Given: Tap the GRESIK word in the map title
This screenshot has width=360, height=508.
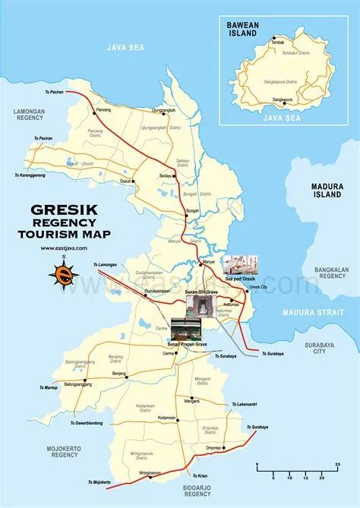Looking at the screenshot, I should coord(65,209).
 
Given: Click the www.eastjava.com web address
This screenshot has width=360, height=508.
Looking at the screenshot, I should coord(65,248).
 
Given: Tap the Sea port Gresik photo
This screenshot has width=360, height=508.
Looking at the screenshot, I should coord(240,264).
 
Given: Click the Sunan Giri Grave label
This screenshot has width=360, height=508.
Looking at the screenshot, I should coord(202,291).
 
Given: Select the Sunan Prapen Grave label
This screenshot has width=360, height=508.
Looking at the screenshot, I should coord(189,345).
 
